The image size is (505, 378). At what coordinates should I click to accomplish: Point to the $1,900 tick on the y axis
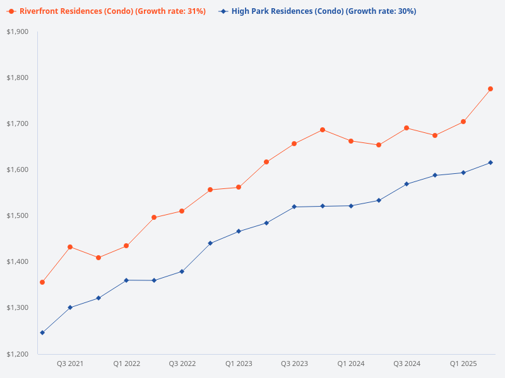click(17, 31)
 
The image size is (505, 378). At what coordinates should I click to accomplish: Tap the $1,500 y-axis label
click(17, 215)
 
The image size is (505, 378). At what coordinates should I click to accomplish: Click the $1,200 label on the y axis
click(17, 354)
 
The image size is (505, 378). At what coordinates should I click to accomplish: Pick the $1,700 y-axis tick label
click(17, 123)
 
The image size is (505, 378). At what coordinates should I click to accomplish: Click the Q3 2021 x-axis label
click(70, 364)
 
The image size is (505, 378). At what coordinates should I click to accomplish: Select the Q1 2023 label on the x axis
click(239, 364)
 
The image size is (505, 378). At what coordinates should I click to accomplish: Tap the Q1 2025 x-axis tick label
click(463, 364)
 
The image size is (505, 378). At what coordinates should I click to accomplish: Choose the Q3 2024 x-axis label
click(407, 364)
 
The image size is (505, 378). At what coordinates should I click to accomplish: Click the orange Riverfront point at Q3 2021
click(70, 247)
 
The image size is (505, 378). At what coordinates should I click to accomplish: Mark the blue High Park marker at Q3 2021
click(70, 307)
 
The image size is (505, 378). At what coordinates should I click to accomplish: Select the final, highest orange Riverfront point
click(490, 89)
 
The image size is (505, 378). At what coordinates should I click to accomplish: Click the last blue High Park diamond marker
click(490, 163)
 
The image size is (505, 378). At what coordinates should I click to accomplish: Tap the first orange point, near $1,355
click(42, 282)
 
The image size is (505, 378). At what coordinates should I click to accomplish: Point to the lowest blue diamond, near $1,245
click(42, 333)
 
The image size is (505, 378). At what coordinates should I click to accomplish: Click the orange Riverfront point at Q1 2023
click(239, 187)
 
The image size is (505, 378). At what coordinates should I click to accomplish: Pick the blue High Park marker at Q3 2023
click(295, 207)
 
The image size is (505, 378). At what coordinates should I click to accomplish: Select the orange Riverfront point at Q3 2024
click(407, 128)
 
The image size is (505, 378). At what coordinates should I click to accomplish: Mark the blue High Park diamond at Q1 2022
click(126, 280)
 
